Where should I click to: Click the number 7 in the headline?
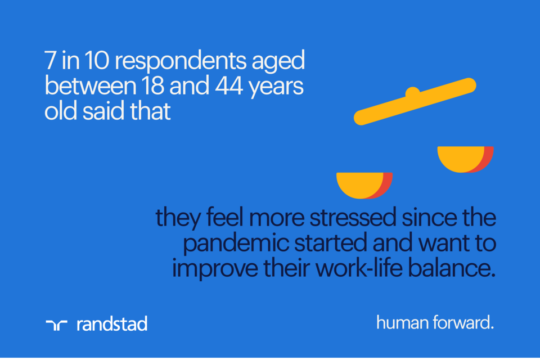pyautogui.click(x=51, y=61)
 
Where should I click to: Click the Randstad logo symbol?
pyautogui.click(x=56, y=324)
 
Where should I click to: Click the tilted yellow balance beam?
pyautogui.click(x=415, y=101)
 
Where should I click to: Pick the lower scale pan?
pyautogui.click(x=363, y=184)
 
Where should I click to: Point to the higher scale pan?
pyautogui.click(x=464, y=158)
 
